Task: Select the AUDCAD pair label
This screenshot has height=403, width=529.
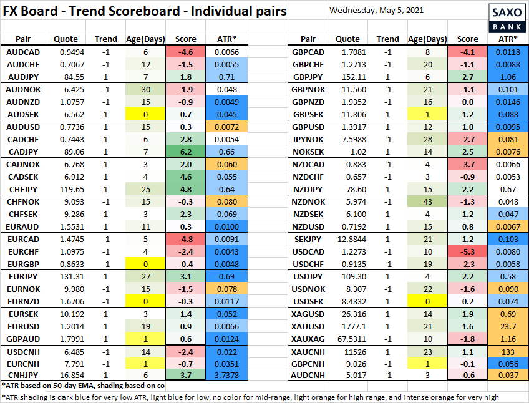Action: pyautogui.click(x=25, y=52)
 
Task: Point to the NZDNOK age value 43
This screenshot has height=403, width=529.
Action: pyautogui.click(x=429, y=201)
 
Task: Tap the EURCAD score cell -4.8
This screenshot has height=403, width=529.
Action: pyautogui.click(x=186, y=238)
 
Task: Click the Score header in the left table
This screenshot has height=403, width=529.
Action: pyautogui.click(x=186, y=39)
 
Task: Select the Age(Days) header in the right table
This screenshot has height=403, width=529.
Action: pyautogui.click(x=428, y=39)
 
